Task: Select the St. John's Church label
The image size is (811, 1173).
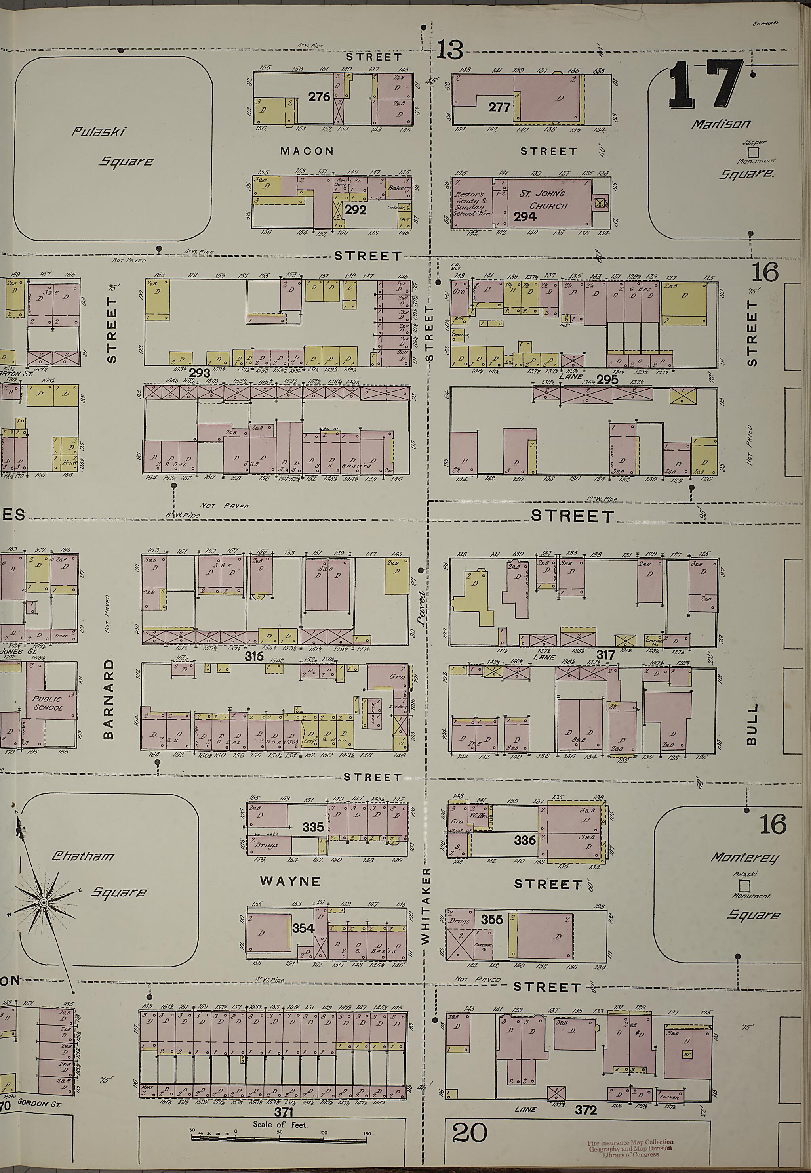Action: pyautogui.click(x=540, y=200)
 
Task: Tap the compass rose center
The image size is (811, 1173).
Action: pyautogui.click(x=44, y=902)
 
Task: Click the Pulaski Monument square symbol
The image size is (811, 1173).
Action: pyautogui.click(x=745, y=886)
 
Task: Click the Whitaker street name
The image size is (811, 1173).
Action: pyautogui.click(x=426, y=906)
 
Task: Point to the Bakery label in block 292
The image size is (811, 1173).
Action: pyautogui.click(x=399, y=188)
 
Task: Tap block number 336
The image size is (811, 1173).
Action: pyautogui.click(x=524, y=840)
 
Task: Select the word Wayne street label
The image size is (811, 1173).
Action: pyautogui.click(x=290, y=881)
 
